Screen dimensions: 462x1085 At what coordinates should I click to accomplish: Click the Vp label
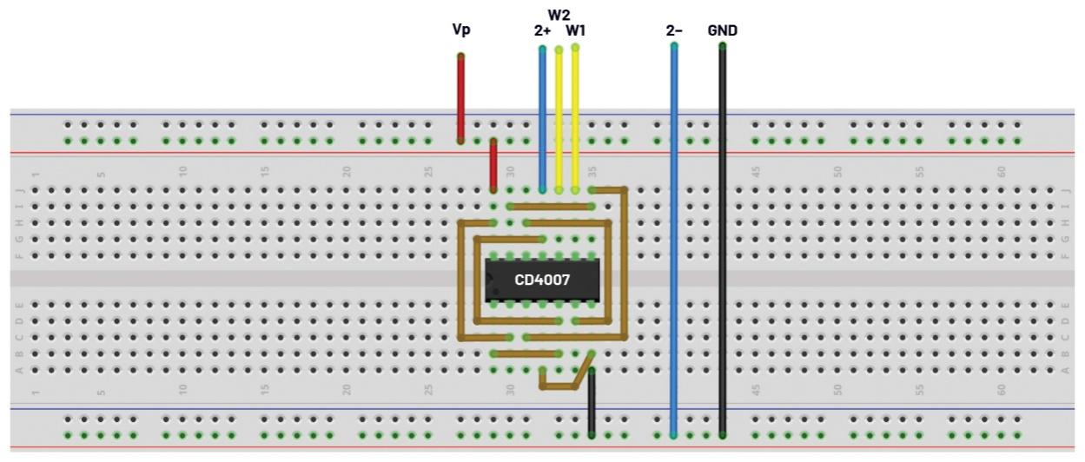461,30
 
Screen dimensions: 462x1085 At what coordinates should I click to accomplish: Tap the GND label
722,30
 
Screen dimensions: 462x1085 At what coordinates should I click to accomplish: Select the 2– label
674,30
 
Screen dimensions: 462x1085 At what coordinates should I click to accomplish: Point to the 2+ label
542,30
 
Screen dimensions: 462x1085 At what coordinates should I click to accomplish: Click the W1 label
575,30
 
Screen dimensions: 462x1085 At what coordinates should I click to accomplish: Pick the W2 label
559,15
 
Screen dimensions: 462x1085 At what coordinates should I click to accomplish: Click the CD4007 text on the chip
542,280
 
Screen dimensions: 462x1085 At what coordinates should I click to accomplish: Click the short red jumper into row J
493,165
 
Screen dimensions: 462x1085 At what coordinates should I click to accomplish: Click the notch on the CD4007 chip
489,280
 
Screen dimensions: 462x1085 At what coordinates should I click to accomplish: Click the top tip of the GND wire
722,46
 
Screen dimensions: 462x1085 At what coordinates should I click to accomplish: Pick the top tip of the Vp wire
460,56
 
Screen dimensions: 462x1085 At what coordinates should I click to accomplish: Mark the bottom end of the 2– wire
674,433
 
